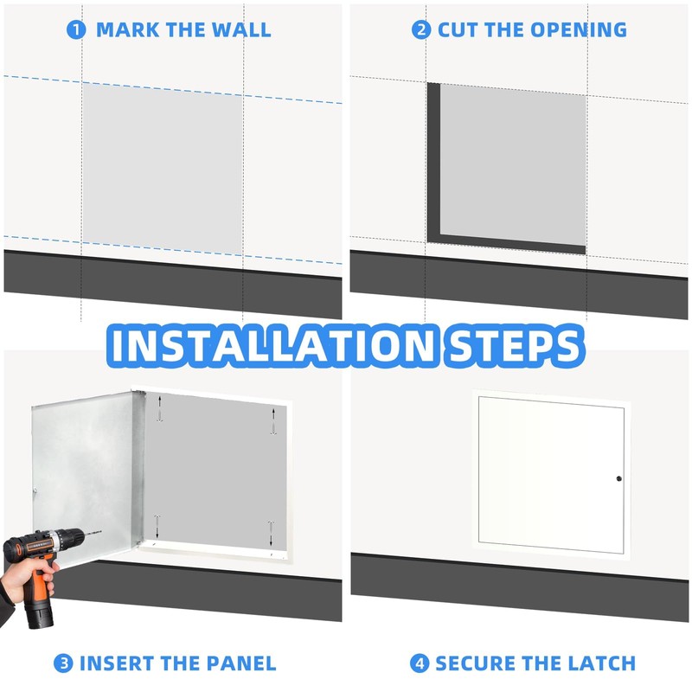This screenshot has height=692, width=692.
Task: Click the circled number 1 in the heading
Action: click(x=76, y=29)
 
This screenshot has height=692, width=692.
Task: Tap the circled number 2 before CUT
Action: click(x=421, y=29)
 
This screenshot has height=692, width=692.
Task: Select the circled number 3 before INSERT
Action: click(x=63, y=663)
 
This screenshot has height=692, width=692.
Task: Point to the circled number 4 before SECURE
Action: click(x=420, y=663)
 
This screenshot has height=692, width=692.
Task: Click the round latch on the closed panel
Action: click(x=619, y=479)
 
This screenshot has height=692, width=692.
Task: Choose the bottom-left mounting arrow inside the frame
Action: click(x=157, y=525)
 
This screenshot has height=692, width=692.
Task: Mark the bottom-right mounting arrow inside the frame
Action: click(x=271, y=529)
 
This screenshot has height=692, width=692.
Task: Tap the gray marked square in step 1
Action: click(x=162, y=164)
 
